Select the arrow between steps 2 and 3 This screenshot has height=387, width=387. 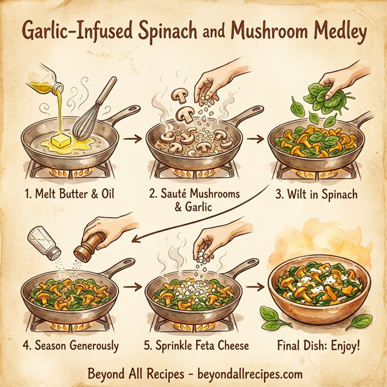click(256, 138)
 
